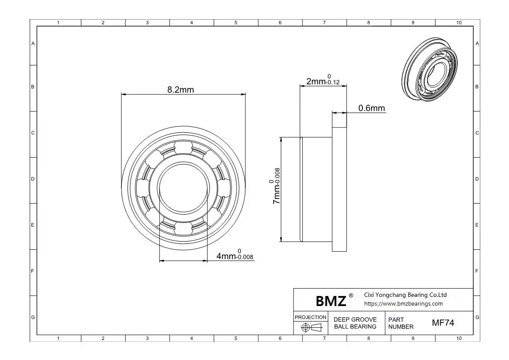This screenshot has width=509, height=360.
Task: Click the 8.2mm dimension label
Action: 181,90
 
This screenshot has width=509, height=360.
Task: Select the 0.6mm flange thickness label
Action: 372,108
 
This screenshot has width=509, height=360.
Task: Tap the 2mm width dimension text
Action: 323,80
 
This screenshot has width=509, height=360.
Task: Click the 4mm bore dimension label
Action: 234,255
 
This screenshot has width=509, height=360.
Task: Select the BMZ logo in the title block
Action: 331,301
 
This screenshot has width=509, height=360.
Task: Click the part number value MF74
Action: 443,323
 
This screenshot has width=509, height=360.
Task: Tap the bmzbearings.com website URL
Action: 403,304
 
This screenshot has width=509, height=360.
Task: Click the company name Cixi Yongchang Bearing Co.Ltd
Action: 405,295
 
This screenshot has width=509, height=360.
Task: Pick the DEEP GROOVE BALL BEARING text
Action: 355,323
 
